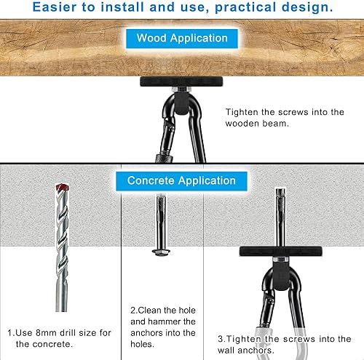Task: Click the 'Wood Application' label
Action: (182, 38)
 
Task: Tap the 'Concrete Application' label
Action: (181, 180)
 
